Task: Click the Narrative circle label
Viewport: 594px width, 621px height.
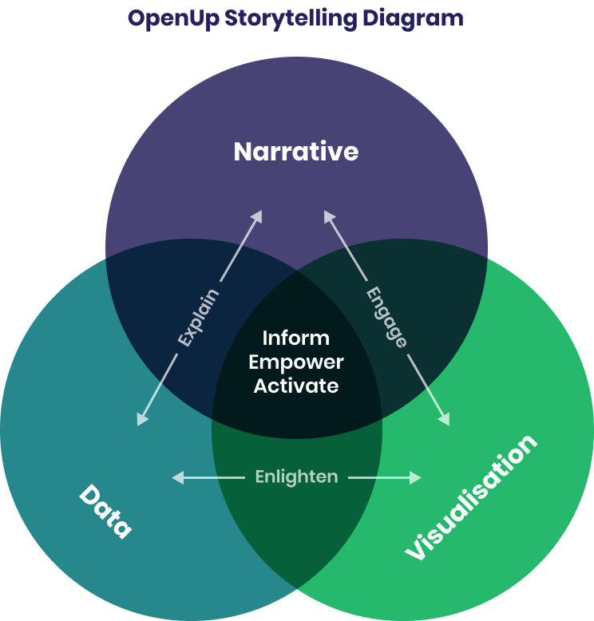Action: (x=296, y=152)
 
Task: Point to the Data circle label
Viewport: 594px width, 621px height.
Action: (x=105, y=511)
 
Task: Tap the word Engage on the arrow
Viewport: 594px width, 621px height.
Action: (x=386, y=317)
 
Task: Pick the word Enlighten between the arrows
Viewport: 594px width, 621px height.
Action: (x=296, y=477)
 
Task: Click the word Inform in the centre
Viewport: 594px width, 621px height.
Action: (x=296, y=338)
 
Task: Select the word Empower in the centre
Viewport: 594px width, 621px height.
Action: (x=296, y=362)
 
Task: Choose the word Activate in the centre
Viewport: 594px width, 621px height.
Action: (x=296, y=386)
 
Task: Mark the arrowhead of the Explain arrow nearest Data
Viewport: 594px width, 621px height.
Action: (x=141, y=420)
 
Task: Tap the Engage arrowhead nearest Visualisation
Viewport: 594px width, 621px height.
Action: (x=445, y=420)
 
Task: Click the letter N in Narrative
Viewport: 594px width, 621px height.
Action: (x=243, y=152)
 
